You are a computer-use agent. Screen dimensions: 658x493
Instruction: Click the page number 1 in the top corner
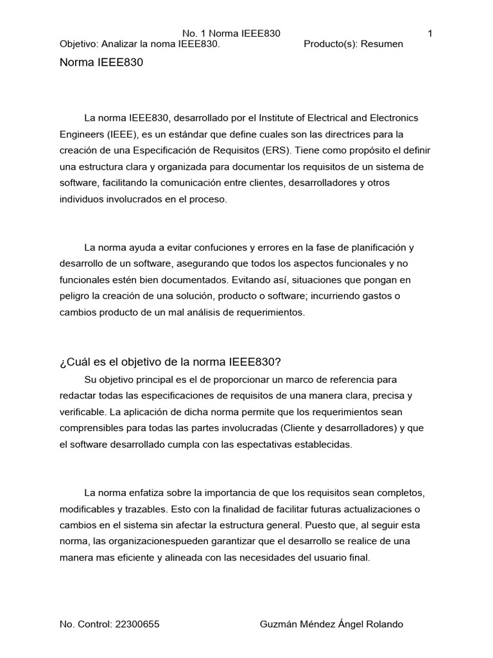tap(429, 33)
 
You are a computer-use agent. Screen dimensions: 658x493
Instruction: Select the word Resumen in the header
tap(383, 44)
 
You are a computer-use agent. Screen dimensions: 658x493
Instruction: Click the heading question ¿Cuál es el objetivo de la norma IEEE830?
tap(170, 362)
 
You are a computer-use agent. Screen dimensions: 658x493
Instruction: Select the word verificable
tap(83, 411)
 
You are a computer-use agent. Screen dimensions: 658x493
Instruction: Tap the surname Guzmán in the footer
tap(277, 625)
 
